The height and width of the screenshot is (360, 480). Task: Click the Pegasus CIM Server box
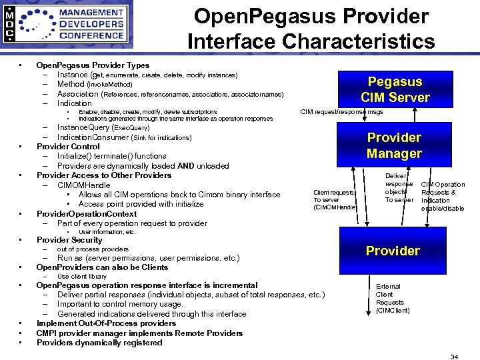[395, 90]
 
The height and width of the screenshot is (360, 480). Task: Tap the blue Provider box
[393, 251]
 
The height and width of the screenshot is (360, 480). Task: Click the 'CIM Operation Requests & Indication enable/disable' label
[443, 196]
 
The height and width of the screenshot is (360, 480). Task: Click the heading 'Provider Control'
[68, 147]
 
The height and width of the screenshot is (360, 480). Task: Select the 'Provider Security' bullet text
[69, 240]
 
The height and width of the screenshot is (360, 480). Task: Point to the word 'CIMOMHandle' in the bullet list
[84, 185]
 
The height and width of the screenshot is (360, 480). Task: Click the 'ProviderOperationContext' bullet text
[87, 214]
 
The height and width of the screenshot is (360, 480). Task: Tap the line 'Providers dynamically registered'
[99, 343]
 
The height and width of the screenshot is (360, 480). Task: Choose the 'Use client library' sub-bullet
[82, 276]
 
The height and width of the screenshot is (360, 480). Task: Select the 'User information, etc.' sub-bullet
[107, 232]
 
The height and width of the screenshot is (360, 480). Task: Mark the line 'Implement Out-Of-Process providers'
[107, 323]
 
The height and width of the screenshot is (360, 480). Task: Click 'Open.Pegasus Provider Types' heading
[93, 65]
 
